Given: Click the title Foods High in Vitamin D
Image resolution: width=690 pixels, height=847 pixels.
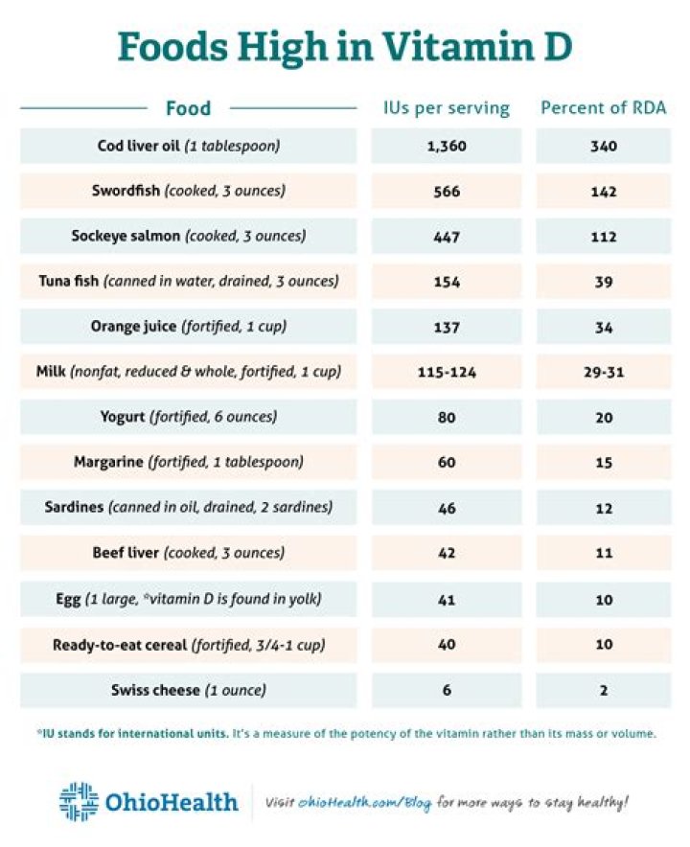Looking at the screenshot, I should pyautogui.click(x=345, y=46).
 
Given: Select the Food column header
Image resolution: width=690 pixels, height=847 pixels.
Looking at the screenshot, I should pyautogui.click(x=188, y=107).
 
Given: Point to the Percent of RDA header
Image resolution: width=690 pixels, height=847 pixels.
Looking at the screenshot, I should pyautogui.click(x=603, y=107).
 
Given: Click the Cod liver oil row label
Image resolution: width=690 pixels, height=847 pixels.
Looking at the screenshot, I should pyautogui.click(x=188, y=147).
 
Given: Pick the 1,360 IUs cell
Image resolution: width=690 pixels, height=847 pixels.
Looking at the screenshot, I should pyautogui.click(x=447, y=147).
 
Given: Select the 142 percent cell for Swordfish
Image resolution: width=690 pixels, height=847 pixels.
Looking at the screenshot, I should pyautogui.click(x=603, y=192).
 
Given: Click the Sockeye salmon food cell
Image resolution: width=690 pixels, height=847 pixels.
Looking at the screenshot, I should pyautogui.click(x=188, y=237).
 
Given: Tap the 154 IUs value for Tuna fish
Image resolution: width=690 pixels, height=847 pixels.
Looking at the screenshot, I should pyautogui.click(x=447, y=282).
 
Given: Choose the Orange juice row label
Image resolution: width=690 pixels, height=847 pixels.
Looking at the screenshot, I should pyautogui.click(x=188, y=327).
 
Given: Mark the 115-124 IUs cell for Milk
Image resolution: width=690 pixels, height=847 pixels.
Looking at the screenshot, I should pyautogui.click(x=447, y=372).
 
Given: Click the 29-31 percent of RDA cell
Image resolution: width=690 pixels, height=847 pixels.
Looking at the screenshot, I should pyautogui.click(x=603, y=372).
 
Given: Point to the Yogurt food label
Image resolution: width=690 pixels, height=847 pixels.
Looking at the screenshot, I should pyautogui.click(x=188, y=418).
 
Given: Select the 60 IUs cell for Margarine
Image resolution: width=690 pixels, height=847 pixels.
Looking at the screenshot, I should pyautogui.click(x=447, y=463).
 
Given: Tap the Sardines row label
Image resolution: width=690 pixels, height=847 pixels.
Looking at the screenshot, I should pyautogui.click(x=188, y=508).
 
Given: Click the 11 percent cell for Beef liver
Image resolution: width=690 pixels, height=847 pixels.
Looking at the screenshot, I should pyautogui.click(x=603, y=553).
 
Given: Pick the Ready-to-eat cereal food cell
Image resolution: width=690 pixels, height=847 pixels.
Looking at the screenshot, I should pyautogui.click(x=188, y=645).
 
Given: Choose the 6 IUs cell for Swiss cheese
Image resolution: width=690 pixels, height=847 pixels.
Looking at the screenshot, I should pyautogui.click(x=447, y=690).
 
